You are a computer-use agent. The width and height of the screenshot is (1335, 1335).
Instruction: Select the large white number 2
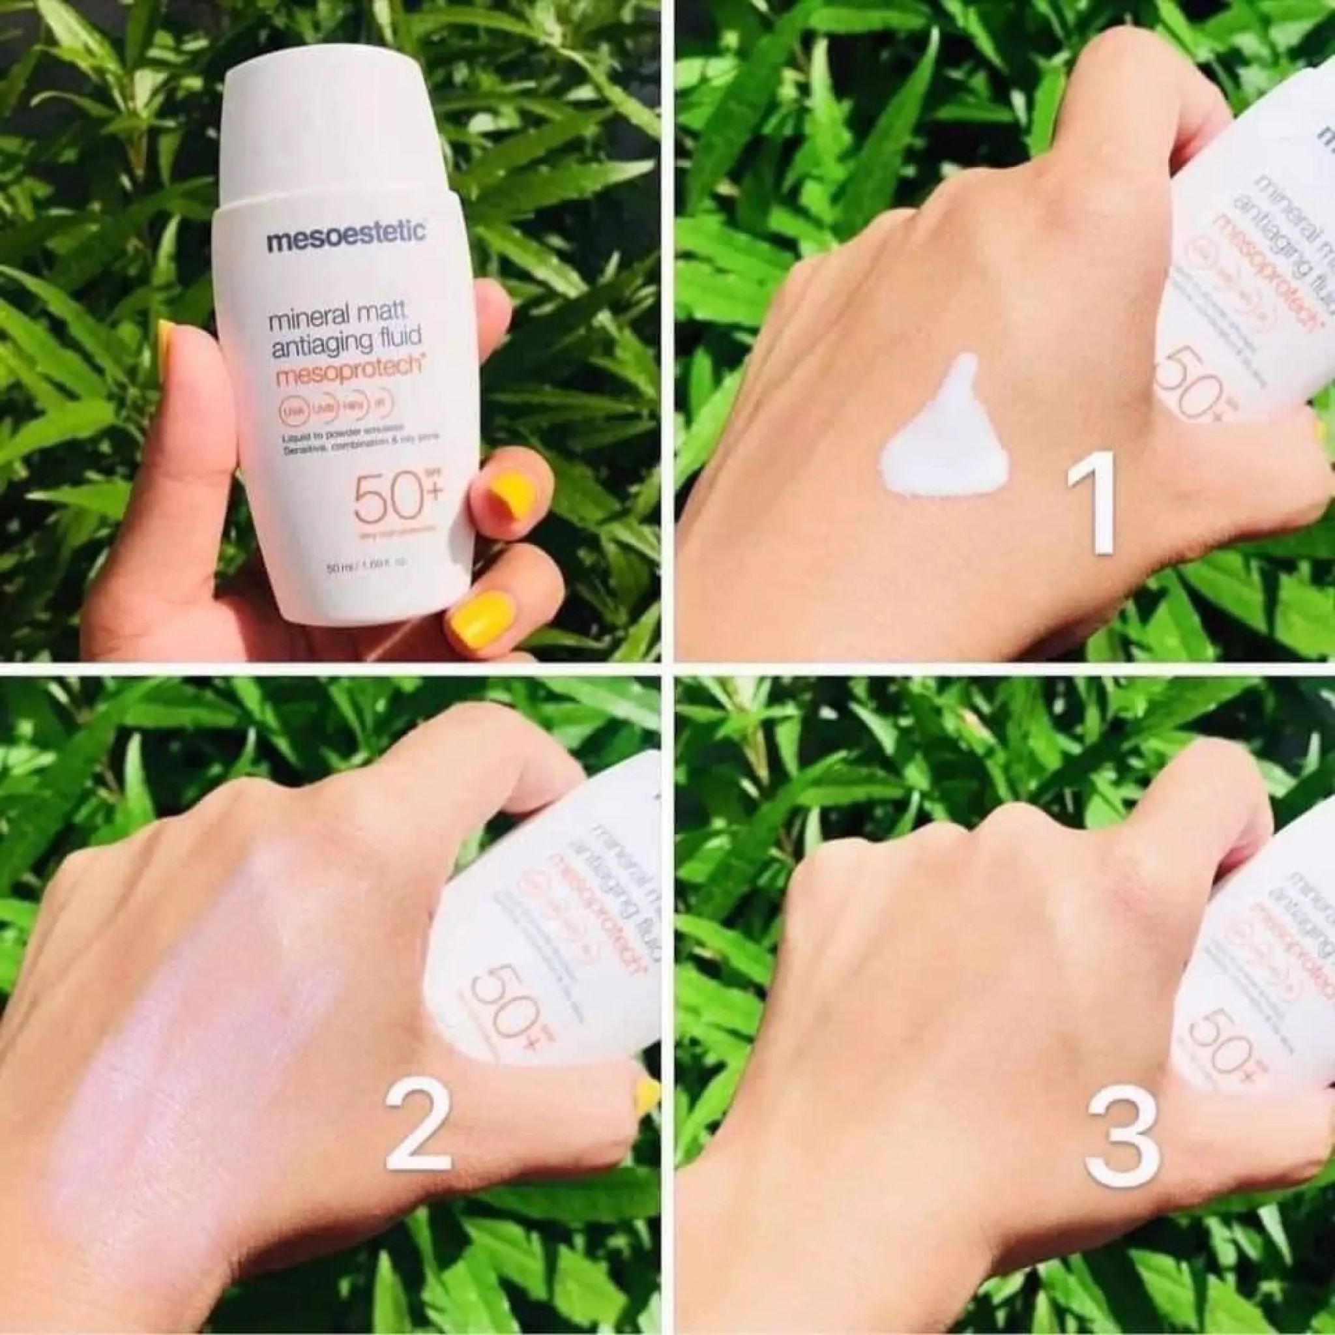coord(417,1151)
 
